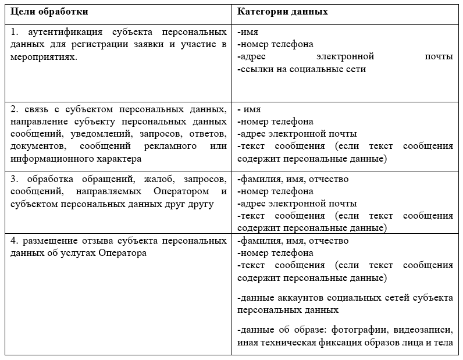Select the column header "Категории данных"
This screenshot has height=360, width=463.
point(282,12)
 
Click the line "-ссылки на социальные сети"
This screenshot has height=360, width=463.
point(302,69)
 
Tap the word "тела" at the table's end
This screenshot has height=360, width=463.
point(444,342)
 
